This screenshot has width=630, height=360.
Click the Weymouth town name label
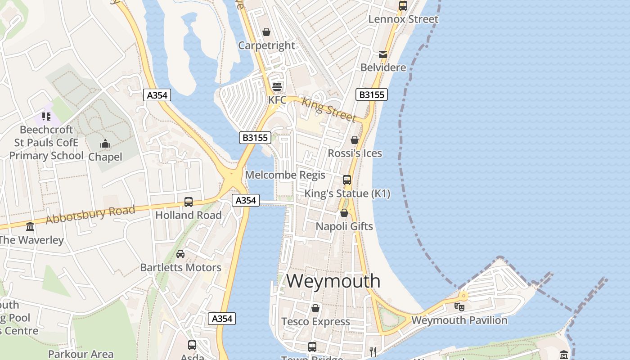click(333, 281)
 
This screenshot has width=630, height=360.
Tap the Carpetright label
click(266, 45)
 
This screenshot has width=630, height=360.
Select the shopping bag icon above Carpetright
click(266, 32)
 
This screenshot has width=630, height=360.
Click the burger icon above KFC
click(277, 86)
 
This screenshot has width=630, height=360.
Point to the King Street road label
click(328, 109)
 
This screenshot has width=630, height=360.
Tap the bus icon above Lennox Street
click(403, 6)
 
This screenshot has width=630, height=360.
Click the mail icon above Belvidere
click(383, 54)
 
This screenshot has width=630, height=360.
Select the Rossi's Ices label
click(355, 153)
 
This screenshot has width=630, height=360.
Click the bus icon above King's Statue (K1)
click(347, 180)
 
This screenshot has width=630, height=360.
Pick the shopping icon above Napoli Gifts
click(344, 213)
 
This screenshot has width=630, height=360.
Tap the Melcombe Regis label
click(285, 175)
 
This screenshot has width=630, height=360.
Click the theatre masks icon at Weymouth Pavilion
click(459, 307)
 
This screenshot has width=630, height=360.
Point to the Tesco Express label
click(315, 321)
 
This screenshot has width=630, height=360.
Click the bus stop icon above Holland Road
click(189, 202)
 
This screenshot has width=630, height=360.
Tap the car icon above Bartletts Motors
click(180, 254)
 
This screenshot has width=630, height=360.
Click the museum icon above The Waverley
click(30, 226)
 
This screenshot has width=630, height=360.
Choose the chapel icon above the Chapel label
click(105, 144)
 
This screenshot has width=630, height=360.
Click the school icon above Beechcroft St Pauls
click(46, 117)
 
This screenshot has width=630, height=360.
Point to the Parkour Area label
click(81, 354)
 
